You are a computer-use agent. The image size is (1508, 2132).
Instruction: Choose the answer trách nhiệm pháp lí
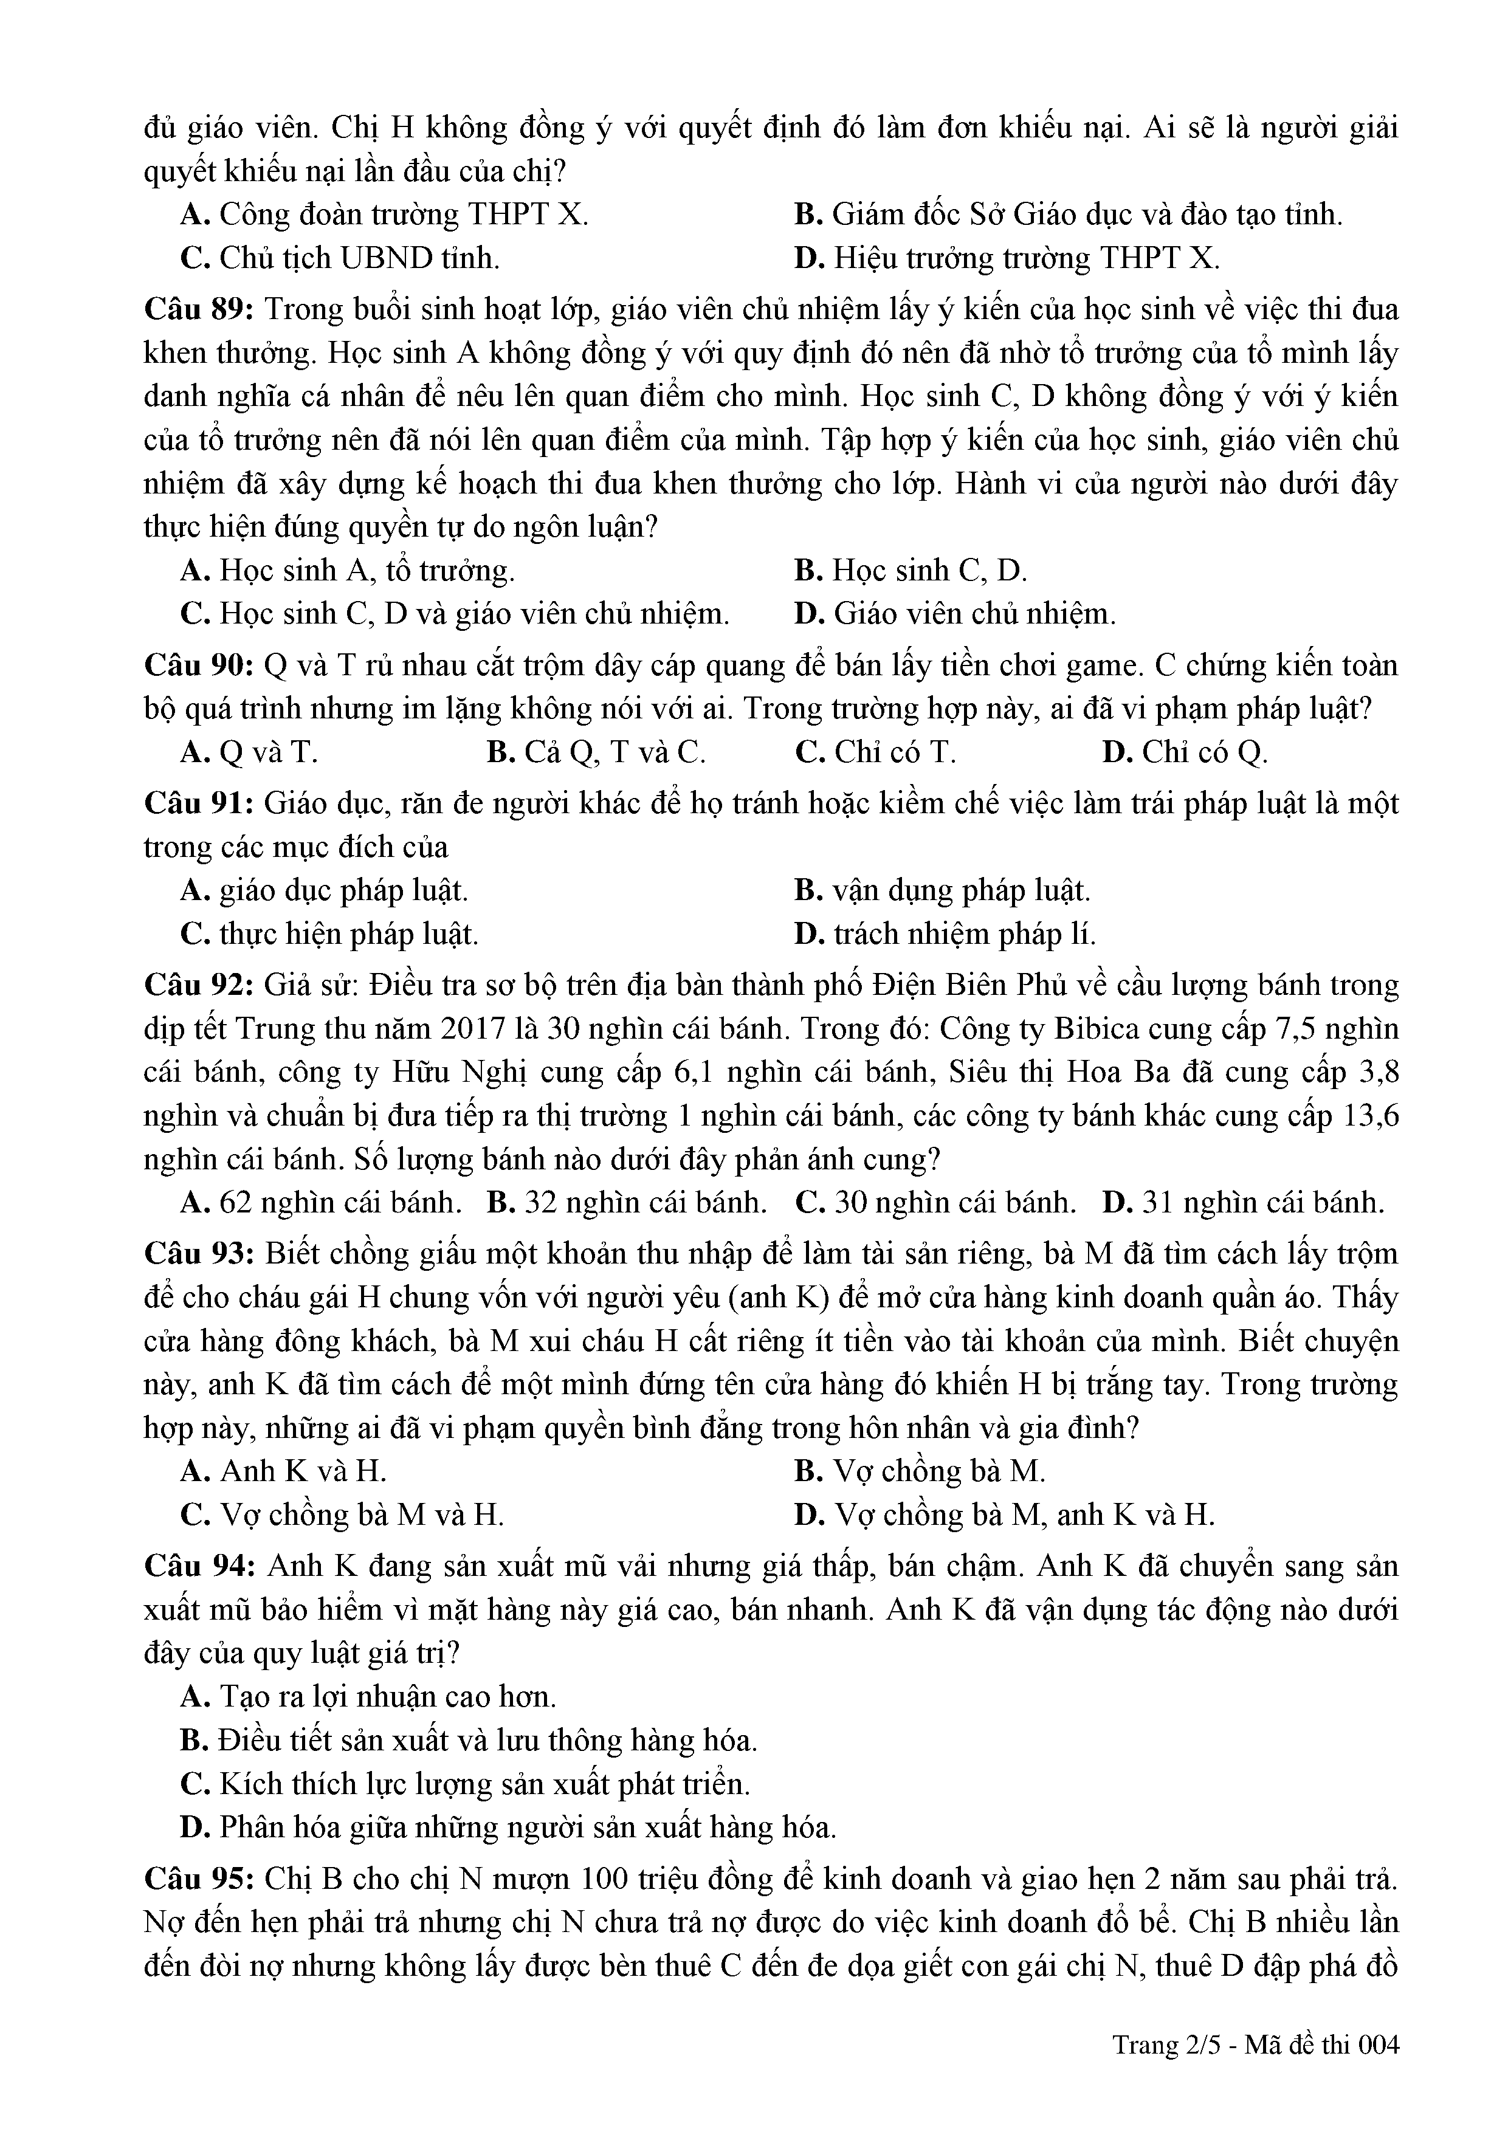(x=945, y=934)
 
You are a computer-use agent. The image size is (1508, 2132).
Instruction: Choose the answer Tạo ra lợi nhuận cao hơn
(x=369, y=1696)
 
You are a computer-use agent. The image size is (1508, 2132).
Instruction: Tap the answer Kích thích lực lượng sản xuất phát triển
(x=464, y=1784)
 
